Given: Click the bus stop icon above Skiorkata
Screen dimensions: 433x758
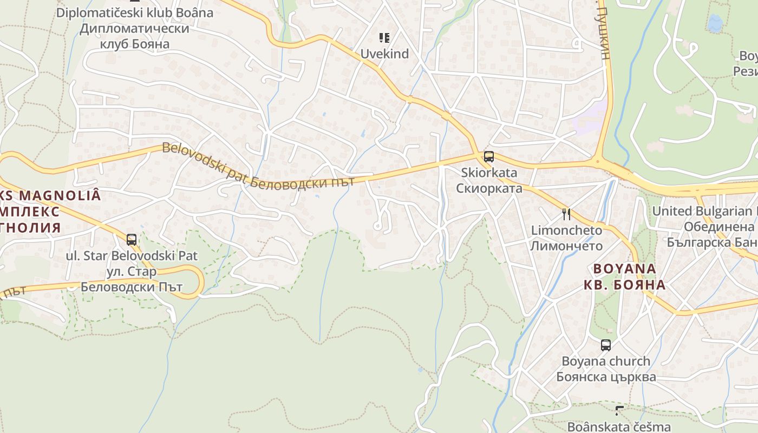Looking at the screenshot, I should (488, 157).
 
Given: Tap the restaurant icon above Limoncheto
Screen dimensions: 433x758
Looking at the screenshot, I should (566, 214).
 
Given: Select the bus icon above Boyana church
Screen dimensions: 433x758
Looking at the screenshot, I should (605, 345).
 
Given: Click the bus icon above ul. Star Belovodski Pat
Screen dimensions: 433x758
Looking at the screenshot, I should (131, 239).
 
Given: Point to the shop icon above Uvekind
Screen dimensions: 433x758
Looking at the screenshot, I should (384, 38).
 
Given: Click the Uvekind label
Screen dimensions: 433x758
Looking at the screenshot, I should (384, 54).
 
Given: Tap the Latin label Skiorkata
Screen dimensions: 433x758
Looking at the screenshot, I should (489, 173).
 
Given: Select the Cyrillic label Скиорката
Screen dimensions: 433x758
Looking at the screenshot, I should (489, 188).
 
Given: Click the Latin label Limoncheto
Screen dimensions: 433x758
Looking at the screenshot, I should (566, 231).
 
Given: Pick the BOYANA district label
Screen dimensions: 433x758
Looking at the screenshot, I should (624, 269).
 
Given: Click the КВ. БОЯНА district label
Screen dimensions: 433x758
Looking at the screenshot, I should (624, 285).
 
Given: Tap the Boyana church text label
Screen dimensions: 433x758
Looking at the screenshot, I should (606, 361).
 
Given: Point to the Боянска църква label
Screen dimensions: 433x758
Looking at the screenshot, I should (606, 377).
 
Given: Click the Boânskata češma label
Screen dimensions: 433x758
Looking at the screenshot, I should (619, 427).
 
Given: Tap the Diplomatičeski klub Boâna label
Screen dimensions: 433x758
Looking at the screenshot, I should (135, 12).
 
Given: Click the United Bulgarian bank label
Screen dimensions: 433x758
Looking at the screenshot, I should (704, 211).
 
